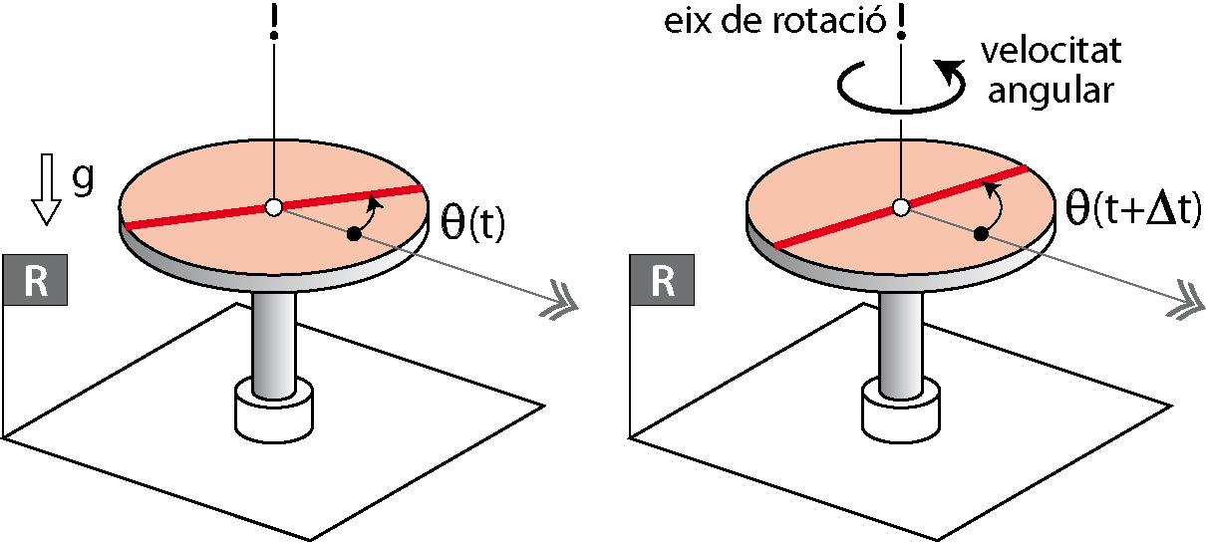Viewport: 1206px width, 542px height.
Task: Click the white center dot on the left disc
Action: (272, 207)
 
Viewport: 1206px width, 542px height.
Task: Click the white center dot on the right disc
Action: (900, 207)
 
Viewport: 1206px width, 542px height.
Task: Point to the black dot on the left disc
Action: (353, 234)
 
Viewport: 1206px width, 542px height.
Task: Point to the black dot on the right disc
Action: (981, 234)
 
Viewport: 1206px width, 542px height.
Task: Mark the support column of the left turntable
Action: (272, 339)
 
